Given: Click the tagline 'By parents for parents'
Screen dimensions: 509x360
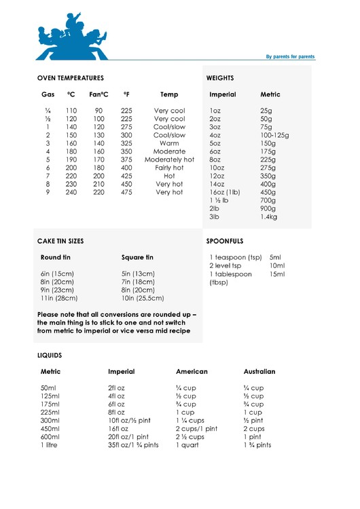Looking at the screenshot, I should (x=290, y=57).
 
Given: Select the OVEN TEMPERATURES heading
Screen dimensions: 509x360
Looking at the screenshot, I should (x=71, y=78).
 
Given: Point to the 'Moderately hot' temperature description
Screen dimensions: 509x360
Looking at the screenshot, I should (x=169, y=159).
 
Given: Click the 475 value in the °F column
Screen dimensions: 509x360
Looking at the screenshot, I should (x=126, y=192).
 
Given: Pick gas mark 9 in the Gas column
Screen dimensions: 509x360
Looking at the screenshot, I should (x=48, y=192).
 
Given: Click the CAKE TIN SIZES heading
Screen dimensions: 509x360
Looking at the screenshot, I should (x=62, y=241).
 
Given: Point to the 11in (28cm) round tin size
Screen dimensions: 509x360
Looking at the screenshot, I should (x=59, y=298).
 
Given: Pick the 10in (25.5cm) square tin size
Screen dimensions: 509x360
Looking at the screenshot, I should (x=143, y=298).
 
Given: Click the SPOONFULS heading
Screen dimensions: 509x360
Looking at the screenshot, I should (x=225, y=241).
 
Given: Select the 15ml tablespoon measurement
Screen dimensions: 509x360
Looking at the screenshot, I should (x=277, y=274).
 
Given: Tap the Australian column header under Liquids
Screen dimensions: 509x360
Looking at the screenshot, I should (x=259, y=372).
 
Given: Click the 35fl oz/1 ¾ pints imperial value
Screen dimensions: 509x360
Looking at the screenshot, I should (x=133, y=445).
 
